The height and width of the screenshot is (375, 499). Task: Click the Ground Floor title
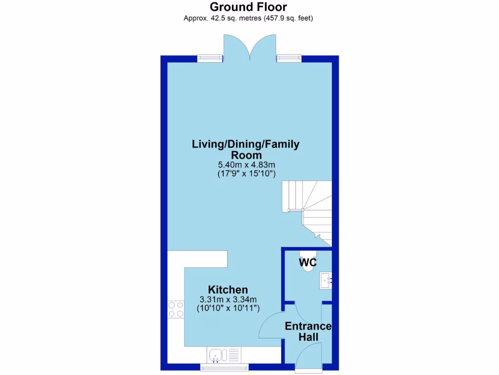pyautogui.click(x=248, y=7)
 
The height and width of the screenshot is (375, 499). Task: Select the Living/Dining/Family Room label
pyautogui.click(x=246, y=149)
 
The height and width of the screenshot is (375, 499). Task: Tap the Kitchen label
pyautogui.click(x=228, y=290)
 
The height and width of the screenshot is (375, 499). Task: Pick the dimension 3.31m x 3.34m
pyautogui.click(x=228, y=300)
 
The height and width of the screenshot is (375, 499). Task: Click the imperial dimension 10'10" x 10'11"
pyautogui.click(x=228, y=309)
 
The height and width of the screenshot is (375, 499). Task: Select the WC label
pyautogui.click(x=307, y=263)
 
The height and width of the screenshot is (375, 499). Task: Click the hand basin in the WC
pyautogui.click(x=326, y=281)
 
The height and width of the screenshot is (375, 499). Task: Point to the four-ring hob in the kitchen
pyautogui.click(x=175, y=309)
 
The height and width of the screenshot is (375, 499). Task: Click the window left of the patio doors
pyautogui.click(x=210, y=59)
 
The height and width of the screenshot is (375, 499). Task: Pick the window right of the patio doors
pyautogui.click(x=289, y=59)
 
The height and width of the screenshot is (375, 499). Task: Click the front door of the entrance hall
pyautogui.click(x=309, y=356)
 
